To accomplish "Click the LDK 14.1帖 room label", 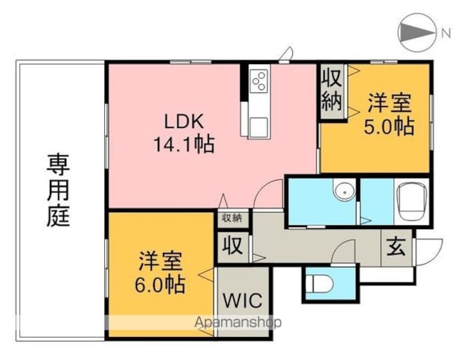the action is coord(184,132).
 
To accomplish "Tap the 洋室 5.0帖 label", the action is coord(389,115).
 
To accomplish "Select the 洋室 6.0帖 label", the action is coord(160,272).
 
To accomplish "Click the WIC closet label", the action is coord(242,300).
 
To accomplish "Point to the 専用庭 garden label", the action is coord(59,190).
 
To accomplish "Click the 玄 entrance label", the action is coord(396,247).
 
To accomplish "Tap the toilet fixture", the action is coord(319,283).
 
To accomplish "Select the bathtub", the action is coord(411,202).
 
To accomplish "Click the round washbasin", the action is coord(344,191).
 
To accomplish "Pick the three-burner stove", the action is coord(259,80).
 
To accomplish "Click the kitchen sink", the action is coord(259,127).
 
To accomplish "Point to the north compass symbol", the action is coord(416,32).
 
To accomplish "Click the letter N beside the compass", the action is coord(446,33).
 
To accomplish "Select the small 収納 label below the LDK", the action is coord(232,218).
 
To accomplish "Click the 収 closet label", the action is coord(233,245).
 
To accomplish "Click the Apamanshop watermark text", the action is coord(238,322).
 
